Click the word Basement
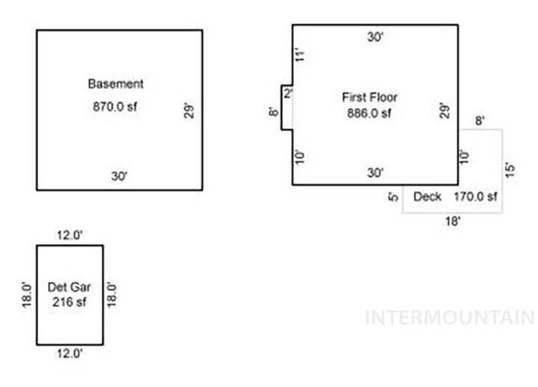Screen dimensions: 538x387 tap(116, 84)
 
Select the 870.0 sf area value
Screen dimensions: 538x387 tap(115, 107)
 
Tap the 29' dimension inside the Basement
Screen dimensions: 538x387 tap(188, 110)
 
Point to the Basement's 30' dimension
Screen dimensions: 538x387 tap(119, 176)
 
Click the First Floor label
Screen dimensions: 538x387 tap(370, 98)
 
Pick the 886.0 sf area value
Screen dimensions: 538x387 tap(369, 113)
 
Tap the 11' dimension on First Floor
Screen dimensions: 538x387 tap(300, 55)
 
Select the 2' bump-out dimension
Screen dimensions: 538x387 tap(288, 93)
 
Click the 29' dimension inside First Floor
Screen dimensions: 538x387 tap(445, 110)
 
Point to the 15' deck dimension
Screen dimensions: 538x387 tap(510, 170)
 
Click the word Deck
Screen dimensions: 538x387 tap(427, 197)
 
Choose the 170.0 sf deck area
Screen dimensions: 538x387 tap(476, 197)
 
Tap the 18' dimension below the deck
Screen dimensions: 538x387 tap(452, 221)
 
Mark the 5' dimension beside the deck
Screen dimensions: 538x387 tap(393, 197)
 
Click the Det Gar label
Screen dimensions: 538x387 tap(69, 287)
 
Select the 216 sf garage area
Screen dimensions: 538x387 tap(69, 302)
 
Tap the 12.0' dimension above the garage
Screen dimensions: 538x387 tap(70, 236)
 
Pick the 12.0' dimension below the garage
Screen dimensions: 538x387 tap(70, 353)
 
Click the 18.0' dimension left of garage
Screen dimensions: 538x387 tap(26, 295)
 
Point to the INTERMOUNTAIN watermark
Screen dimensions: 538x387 tap(451, 318)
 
